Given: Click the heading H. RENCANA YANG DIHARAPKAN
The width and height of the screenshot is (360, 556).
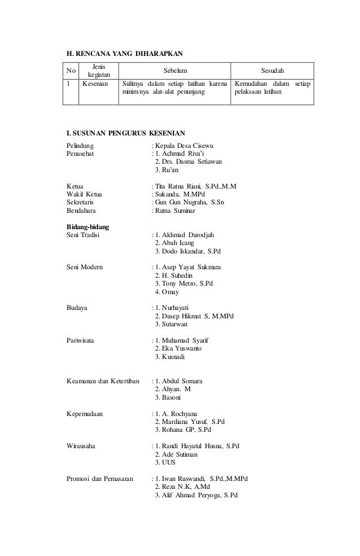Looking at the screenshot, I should point(126,54).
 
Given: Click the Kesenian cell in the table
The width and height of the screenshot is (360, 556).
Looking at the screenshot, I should point(95,84).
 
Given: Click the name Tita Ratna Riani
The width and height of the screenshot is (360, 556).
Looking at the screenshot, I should point(179,186).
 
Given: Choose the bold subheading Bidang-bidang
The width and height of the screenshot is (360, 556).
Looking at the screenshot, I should point(87,226).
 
